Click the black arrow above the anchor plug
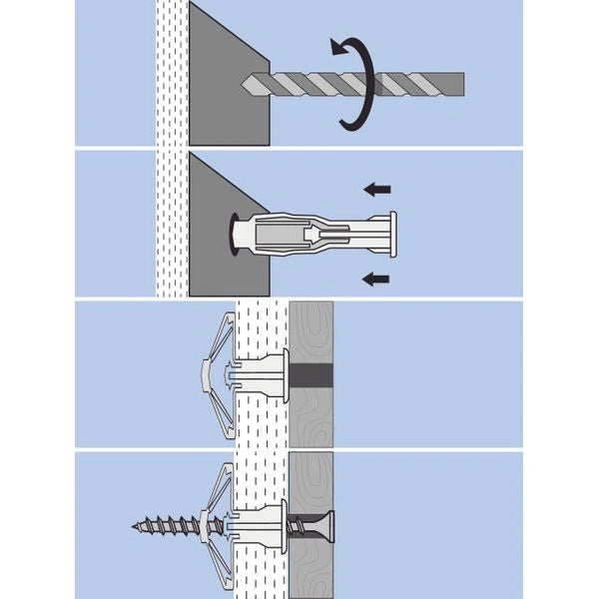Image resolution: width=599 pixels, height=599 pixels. click(x=376, y=189)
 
